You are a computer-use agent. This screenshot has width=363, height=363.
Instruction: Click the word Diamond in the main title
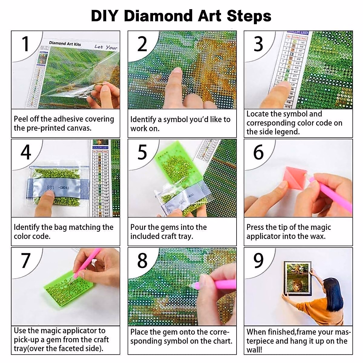click(x=158, y=16)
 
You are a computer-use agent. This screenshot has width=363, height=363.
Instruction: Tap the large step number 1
click(x=25, y=44)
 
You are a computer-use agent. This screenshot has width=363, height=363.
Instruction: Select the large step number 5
click(x=142, y=152)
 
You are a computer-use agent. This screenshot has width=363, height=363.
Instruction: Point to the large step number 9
click(x=258, y=260)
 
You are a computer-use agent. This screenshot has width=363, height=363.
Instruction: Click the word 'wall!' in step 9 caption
click(x=254, y=350)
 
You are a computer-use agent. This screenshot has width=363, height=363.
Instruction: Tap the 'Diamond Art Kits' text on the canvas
click(x=65, y=44)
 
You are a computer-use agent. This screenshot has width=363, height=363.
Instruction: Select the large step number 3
click(x=258, y=44)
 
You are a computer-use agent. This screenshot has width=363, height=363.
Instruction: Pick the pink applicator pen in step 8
click(x=218, y=284)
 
